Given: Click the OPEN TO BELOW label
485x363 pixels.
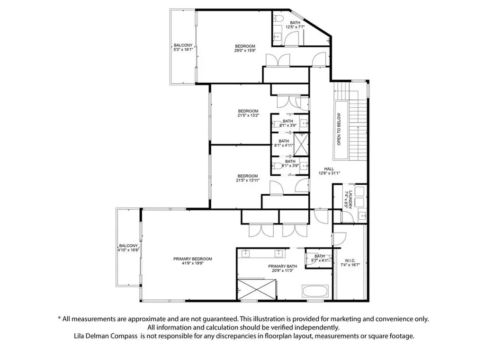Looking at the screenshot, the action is [x=339, y=129].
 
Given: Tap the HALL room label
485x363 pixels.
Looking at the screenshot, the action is [x=329, y=171].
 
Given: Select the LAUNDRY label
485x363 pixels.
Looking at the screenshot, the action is [x=348, y=200].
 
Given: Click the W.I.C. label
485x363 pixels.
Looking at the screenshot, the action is [x=350, y=262].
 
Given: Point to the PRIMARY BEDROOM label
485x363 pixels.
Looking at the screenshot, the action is [x=193, y=261].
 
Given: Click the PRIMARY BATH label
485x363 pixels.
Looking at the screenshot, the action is [x=282, y=268].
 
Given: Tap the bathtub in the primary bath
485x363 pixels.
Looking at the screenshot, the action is [x=315, y=291].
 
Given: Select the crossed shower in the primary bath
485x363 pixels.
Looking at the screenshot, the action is [x=256, y=290].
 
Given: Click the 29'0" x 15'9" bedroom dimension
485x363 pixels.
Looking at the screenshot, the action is [x=245, y=51].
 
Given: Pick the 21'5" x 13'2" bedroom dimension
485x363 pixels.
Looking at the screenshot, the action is [x=248, y=115].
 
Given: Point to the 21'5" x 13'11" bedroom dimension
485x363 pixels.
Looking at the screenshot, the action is [x=248, y=180].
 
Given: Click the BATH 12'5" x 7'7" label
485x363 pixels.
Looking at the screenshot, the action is [x=295, y=25].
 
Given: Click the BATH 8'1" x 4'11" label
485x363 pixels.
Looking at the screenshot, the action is [x=284, y=143].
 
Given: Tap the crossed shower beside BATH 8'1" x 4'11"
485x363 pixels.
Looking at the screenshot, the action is [x=301, y=144].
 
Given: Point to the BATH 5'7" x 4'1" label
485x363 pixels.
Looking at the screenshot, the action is [x=320, y=258].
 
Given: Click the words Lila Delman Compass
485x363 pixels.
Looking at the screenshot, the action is [x=106, y=336].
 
